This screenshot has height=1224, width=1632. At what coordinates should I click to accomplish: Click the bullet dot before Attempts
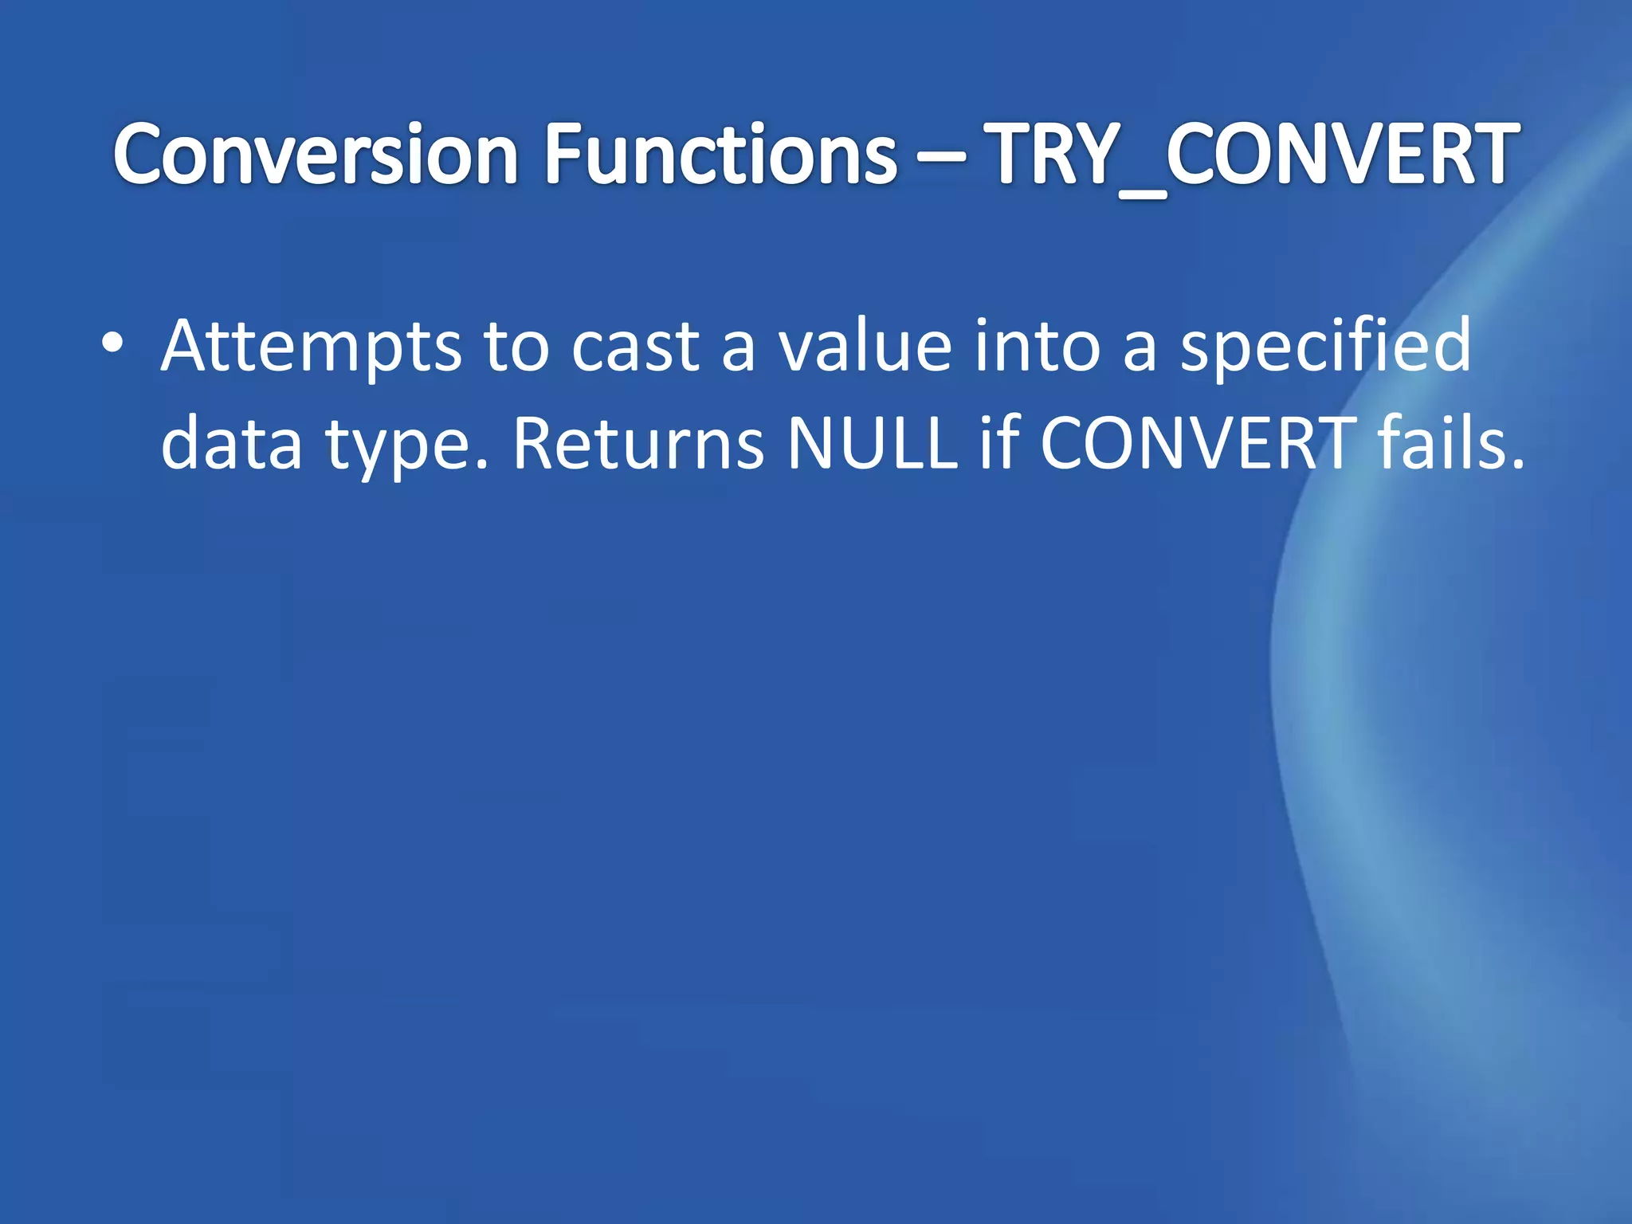click(x=112, y=343)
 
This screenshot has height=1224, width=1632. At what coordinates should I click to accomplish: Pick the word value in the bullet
click(x=865, y=346)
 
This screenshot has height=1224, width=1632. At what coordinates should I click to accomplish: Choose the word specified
click(x=1324, y=346)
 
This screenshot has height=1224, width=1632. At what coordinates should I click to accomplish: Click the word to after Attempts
click(x=516, y=346)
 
